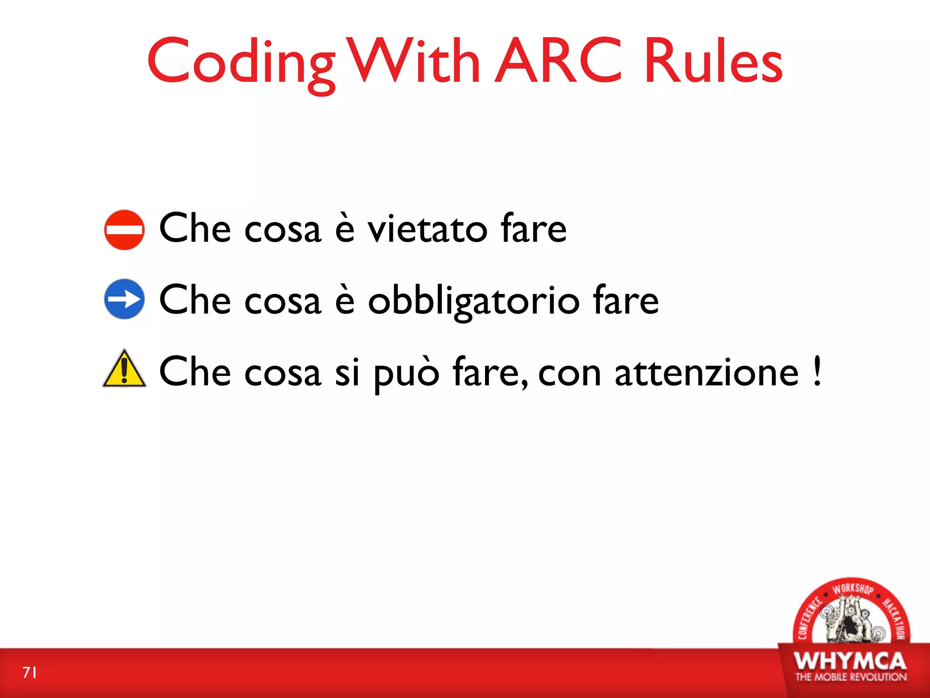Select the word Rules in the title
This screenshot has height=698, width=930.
click(x=713, y=61)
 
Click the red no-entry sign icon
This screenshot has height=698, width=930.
click(x=124, y=230)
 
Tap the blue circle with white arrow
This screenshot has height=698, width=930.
click(x=124, y=299)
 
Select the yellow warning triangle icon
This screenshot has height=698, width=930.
click(x=124, y=369)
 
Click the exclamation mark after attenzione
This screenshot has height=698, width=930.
click(x=817, y=371)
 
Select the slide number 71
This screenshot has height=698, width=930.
click(x=30, y=672)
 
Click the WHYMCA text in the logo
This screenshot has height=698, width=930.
click(x=850, y=661)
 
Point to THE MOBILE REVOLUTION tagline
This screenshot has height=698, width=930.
click(x=851, y=677)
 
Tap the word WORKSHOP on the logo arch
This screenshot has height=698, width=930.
click(x=852, y=589)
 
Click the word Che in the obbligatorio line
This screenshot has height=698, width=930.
click(x=195, y=300)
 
